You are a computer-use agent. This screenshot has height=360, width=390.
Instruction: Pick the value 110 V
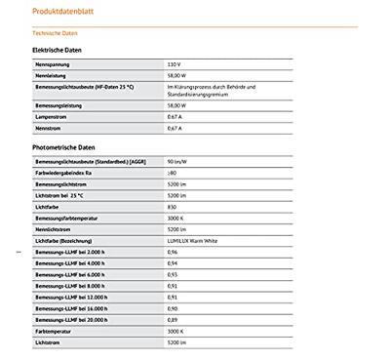175,63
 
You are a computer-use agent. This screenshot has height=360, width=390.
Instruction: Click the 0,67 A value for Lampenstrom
175,116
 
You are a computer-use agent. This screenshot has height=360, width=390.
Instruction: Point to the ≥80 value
173,172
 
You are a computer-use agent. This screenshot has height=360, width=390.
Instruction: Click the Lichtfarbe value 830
173,206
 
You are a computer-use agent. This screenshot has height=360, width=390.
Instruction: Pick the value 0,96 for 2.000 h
173,252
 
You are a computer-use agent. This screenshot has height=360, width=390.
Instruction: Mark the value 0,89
173,320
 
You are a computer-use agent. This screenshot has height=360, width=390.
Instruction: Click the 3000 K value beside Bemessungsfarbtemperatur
175,218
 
